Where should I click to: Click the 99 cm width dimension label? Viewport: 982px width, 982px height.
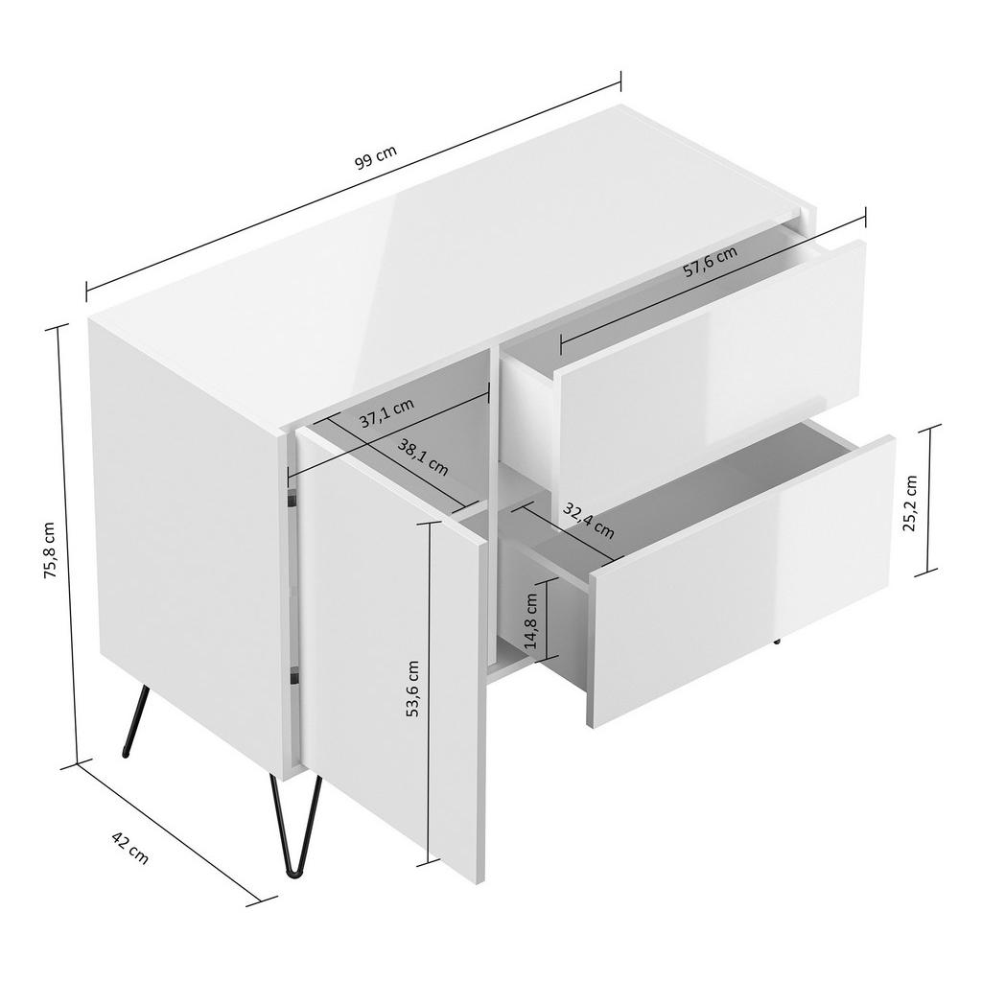tap(376, 158)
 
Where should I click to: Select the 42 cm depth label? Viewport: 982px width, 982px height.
tap(130, 849)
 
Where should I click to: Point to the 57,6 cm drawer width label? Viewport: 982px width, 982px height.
tap(710, 262)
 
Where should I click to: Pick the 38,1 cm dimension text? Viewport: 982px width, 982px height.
tap(423, 457)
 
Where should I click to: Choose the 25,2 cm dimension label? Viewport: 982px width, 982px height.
tap(911, 502)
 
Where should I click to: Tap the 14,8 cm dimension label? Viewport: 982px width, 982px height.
tap(529, 620)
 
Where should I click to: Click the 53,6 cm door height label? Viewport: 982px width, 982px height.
tap(413, 689)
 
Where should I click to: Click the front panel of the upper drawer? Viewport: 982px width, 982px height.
tap(710, 369)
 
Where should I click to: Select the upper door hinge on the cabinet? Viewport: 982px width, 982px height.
tap(291, 499)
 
